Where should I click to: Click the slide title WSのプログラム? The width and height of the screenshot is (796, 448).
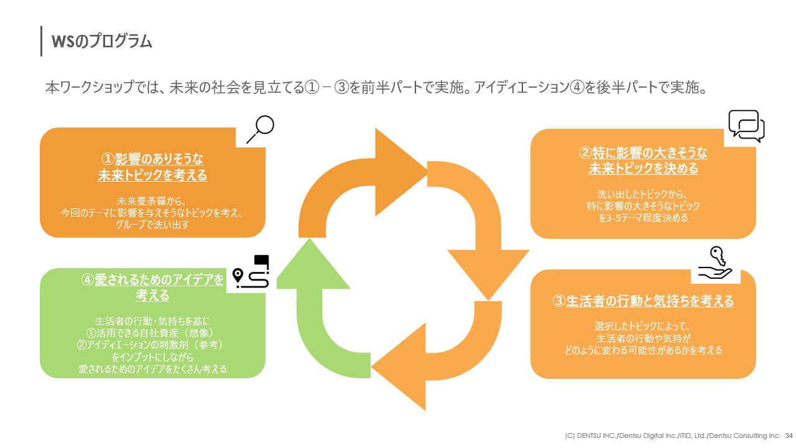(x=102, y=41)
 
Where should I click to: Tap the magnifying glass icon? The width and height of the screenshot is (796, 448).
(x=260, y=129)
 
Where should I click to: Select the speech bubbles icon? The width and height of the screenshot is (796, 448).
(x=746, y=126)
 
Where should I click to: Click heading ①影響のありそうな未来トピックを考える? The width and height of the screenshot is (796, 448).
(x=152, y=167)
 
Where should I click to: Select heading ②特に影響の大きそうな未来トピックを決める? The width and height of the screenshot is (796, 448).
(x=643, y=161)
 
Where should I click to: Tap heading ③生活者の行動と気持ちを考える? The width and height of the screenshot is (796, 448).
(x=643, y=301)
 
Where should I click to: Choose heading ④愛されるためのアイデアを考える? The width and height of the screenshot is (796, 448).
(x=152, y=287)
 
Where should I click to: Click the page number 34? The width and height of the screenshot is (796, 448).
(x=789, y=435)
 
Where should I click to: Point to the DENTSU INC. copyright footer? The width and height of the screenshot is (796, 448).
(x=669, y=435)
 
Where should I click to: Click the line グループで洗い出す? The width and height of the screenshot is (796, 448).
(x=152, y=225)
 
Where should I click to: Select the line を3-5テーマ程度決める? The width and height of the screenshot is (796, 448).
(x=643, y=218)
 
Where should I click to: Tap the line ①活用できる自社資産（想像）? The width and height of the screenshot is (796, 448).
(x=152, y=333)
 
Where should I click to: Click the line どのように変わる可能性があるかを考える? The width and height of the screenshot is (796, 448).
(x=643, y=350)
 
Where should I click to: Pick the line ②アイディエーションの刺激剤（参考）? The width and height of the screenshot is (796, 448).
(x=152, y=345)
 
